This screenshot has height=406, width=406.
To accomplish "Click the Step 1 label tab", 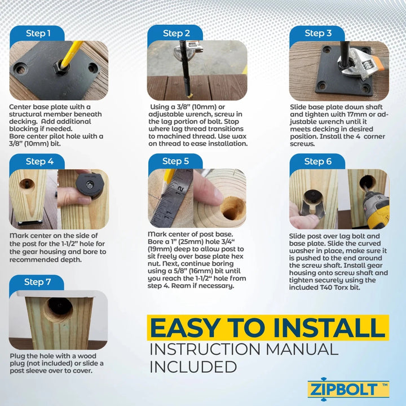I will [38, 33].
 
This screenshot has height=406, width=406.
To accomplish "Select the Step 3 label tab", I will [317, 33].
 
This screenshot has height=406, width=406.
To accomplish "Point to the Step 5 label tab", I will [176, 162].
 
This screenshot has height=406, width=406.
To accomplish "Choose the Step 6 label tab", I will [317, 162].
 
